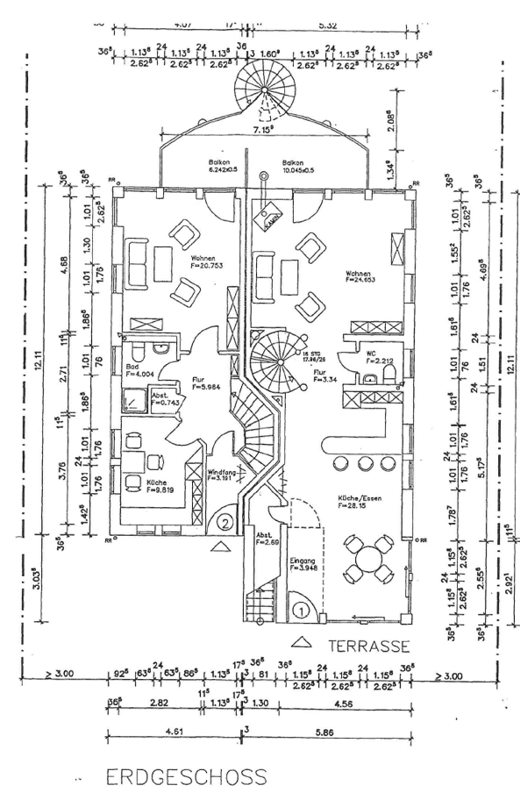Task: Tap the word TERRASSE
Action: [369, 646]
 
